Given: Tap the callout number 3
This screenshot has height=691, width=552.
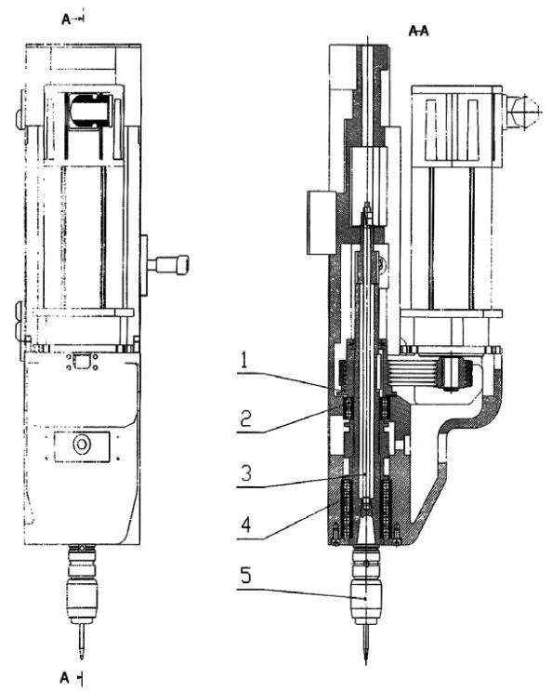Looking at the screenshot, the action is pyautogui.click(x=246, y=472).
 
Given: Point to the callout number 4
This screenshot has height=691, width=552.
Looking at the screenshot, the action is pyautogui.click(x=246, y=525).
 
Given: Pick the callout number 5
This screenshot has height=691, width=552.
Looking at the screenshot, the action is pyautogui.click(x=245, y=575).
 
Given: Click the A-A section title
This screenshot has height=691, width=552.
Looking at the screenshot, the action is pyautogui.click(x=418, y=31).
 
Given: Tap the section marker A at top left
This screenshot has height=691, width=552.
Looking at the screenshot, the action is pyautogui.click(x=66, y=19).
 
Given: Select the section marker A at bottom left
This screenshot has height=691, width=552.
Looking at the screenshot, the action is pyautogui.click(x=65, y=678).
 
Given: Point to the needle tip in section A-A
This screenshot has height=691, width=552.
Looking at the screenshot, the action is pyautogui.click(x=366, y=663).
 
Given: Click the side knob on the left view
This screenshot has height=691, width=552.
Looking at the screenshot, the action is pyautogui.click(x=168, y=265).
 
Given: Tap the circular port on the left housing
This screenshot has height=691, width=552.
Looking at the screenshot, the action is pyautogui.click(x=82, y=445).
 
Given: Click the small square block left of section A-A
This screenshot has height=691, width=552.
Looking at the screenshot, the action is pyautogui.click(x=322, y=222).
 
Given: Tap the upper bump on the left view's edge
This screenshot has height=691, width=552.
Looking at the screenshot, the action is pyautogui.click(x=20, y=118).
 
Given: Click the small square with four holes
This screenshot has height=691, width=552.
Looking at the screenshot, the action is pyautogui.click(x=82, y=362).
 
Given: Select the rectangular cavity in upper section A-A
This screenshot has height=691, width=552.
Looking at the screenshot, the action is pyautogui.click(x=369, y=185).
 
